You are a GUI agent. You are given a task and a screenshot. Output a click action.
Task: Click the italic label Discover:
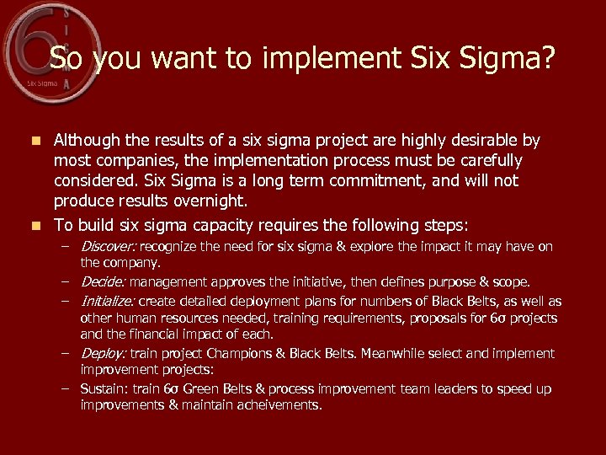pyautogui.click(x=109, y=247)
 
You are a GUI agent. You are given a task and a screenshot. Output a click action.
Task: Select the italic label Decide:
pyautogui.click(x=103, y=282)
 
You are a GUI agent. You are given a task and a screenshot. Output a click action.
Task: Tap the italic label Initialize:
pyautogui.click(x=108, y=301)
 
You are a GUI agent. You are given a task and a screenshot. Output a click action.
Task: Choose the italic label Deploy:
pyautogui.click(x=104, y=353)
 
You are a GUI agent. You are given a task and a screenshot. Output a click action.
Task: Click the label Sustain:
pyautogui.click(x=104, y=388)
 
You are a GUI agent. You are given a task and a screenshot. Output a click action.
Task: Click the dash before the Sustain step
pyautogui.click(x=65, y=388)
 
